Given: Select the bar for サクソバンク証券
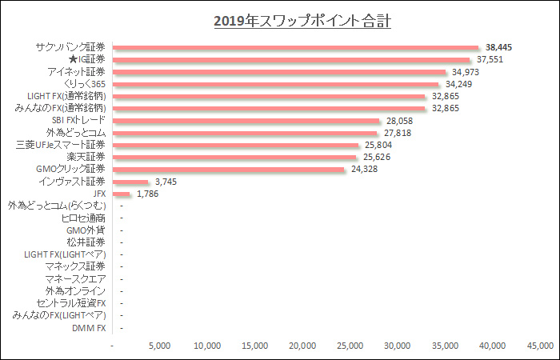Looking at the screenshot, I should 296,47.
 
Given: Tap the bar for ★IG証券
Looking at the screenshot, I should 292,59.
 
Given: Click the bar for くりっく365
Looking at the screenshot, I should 276,84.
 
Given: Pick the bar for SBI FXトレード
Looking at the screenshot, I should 246,121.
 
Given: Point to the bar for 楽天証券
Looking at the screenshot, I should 235,157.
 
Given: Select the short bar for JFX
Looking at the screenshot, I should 122,194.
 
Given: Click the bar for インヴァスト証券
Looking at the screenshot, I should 131,182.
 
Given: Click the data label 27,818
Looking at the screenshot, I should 398,133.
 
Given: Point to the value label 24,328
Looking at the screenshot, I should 365,170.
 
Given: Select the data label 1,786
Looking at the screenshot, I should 150,194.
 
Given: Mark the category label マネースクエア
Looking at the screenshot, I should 75,279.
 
